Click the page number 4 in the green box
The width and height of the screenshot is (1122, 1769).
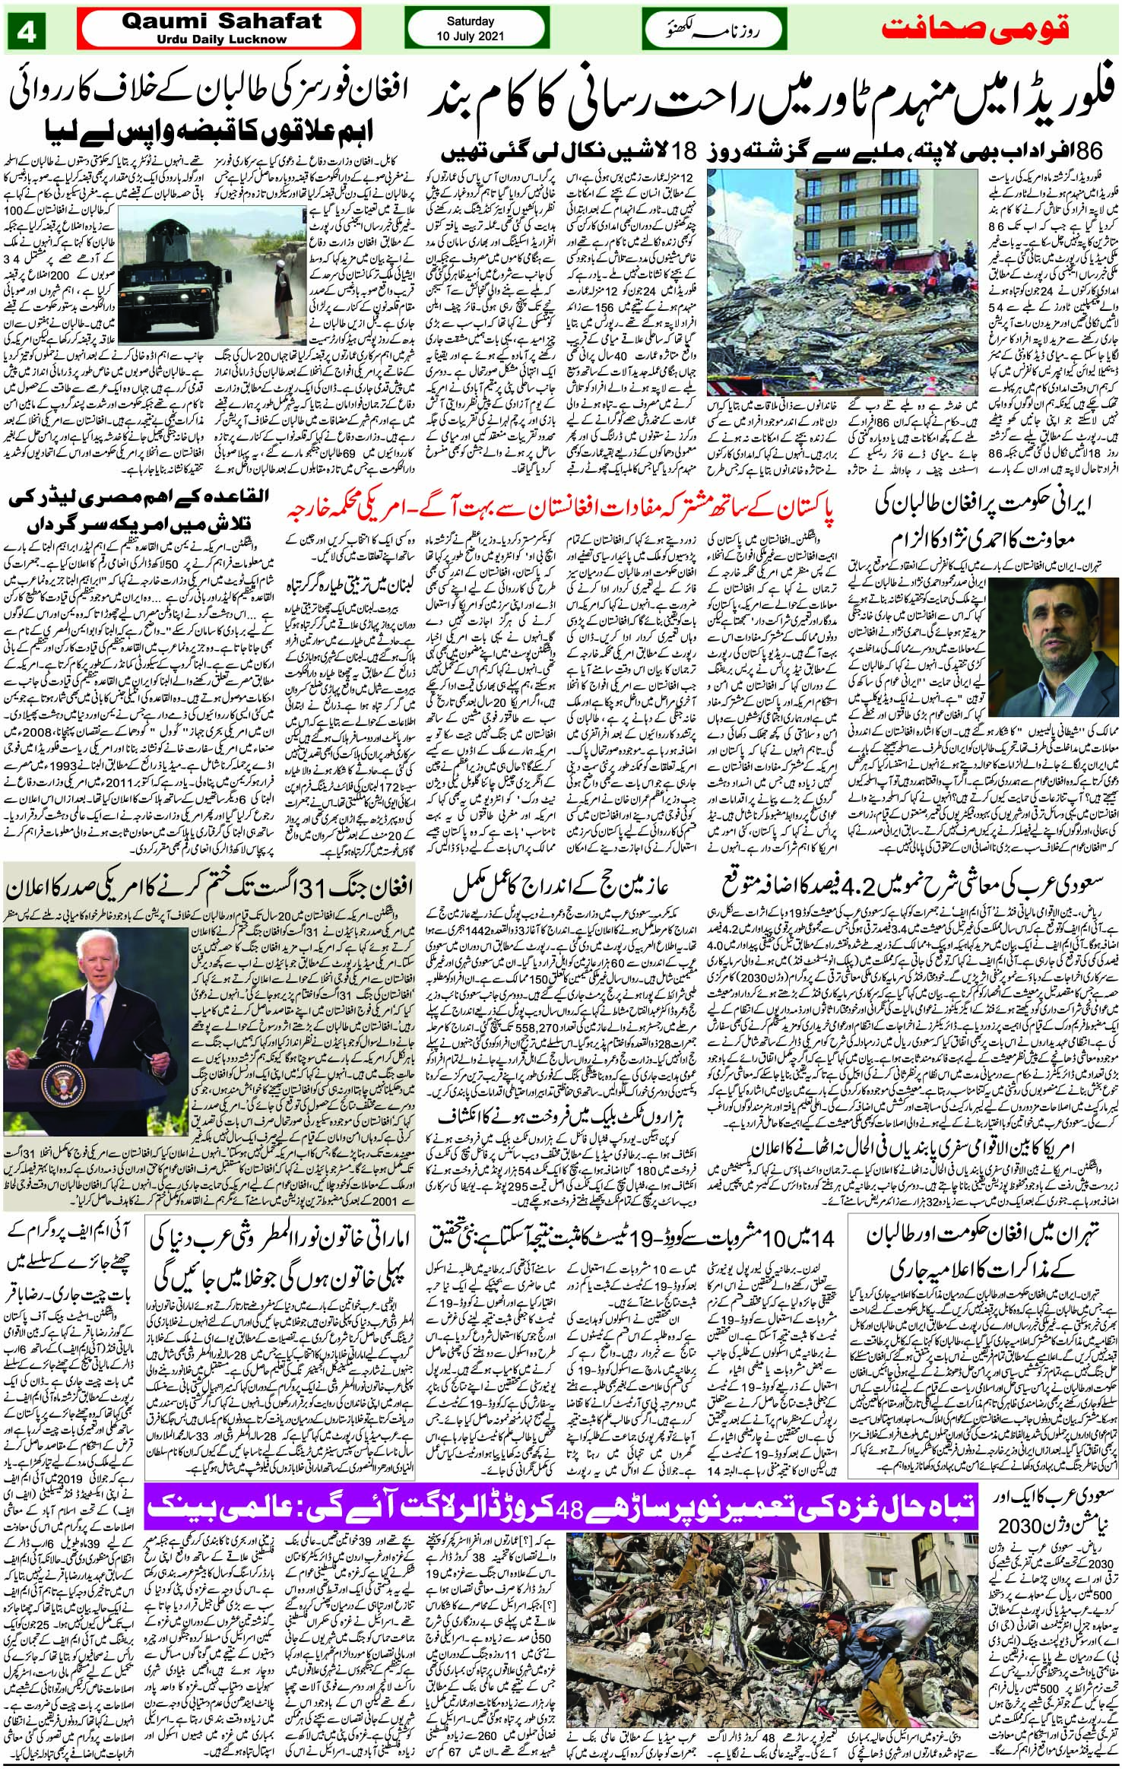pyautogui.click(x=33, y=33)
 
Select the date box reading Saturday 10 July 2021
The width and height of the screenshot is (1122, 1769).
pyautogui.click(x=470, y=30)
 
